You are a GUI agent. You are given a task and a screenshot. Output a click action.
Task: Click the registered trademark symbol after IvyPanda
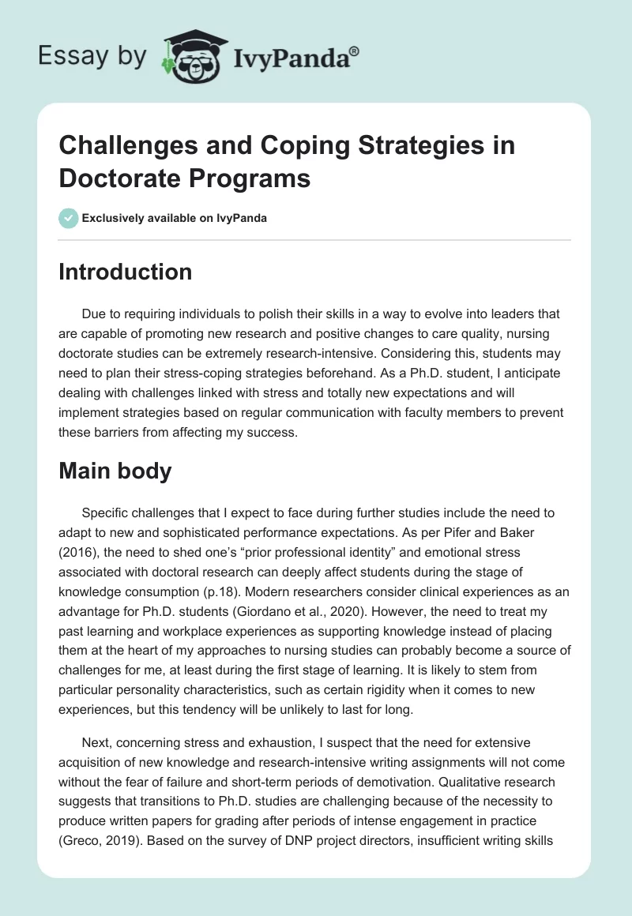pyautogui.click(x=355, y=51)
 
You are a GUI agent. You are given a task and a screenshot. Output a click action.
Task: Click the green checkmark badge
pyautogui.click(x=69, y=218)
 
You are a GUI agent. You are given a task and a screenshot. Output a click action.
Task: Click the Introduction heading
pyautogui.click(x=126, y=272)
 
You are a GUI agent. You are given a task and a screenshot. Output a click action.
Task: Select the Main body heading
pyautogui.click(x=116, y=471)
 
